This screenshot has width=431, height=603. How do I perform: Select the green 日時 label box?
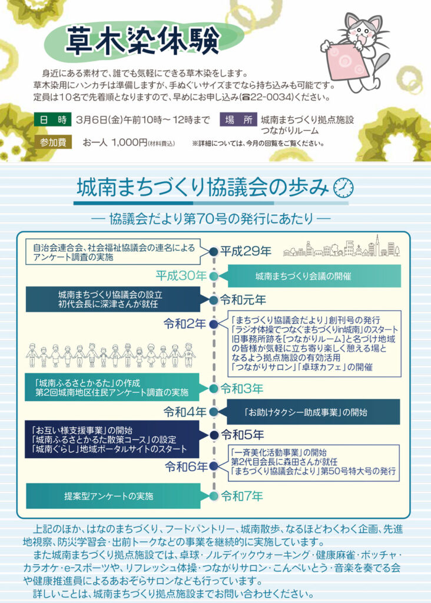(52, 120)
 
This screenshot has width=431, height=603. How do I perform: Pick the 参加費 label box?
(52, 142)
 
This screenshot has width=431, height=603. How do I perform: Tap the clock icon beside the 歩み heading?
(343, 187)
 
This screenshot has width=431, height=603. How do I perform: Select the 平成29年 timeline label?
(246, 252)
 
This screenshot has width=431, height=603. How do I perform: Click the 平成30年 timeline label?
(181, 276)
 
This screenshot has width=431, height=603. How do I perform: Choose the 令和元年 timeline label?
(243, 300)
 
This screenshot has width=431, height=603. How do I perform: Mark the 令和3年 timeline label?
(241, 389)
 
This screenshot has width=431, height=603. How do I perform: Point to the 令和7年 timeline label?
(241, 496)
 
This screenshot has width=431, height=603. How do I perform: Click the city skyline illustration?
(341, 247)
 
